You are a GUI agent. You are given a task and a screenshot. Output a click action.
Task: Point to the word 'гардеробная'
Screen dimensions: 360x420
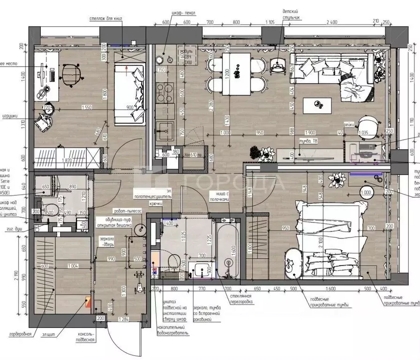tap(20, 334)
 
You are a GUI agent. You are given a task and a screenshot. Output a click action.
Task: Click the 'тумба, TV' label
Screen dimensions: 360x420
tap(308, 140)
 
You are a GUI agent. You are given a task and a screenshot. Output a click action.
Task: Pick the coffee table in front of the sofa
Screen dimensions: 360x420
tap(318, 104)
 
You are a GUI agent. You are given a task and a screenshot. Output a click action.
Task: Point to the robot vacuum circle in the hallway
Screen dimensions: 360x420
tap(139, 230)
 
